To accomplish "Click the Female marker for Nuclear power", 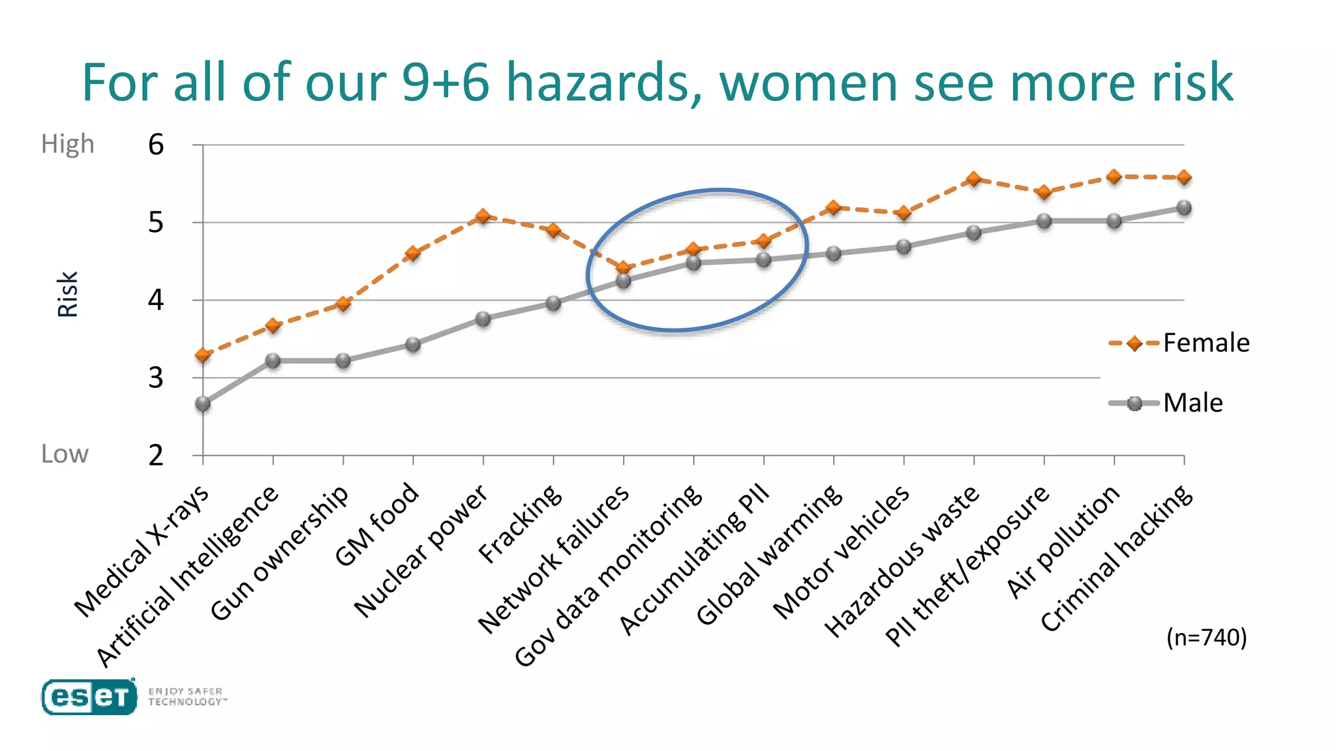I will pos(483,216).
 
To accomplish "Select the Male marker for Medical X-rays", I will pos(203,404).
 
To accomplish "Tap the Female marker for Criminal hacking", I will pos(1184,177).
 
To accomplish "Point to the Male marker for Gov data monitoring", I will pos(693,263).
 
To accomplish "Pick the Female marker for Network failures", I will pos(624,268).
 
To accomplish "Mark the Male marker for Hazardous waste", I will pos(973,233).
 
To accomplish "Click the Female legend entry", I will pos(1179,343).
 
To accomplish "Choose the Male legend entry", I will pos(1166,403).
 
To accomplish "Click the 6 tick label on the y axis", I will pos(156,145).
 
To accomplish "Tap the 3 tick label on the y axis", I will pos(156,378).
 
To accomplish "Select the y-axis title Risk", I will pos(67,294).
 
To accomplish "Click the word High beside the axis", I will pos(68,144).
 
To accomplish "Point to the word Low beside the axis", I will pos(65,454).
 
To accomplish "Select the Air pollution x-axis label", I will pos(1063,541).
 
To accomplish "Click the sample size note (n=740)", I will pos(1206,637).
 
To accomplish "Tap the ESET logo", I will pos(89,697).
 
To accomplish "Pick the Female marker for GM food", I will pos(413,254).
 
